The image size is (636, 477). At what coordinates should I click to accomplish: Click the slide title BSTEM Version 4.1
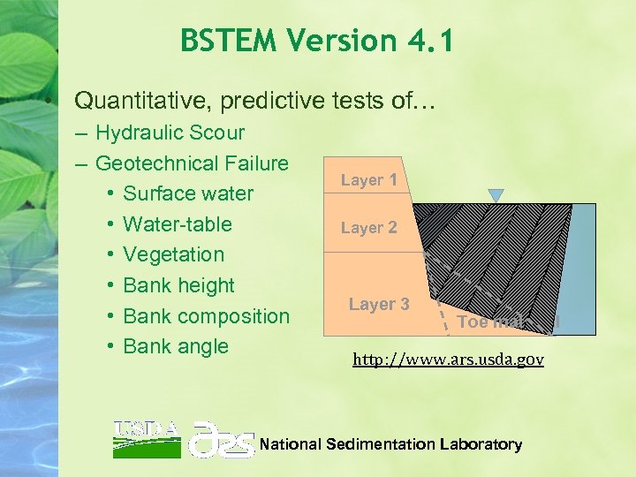pos(315,41)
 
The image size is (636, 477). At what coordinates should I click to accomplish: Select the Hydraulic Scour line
pos(170,132)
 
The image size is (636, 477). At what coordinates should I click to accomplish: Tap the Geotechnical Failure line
pos(192,163)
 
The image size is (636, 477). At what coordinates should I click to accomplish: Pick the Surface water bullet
pos(188,193)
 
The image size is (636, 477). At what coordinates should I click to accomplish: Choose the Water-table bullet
pos(177,223)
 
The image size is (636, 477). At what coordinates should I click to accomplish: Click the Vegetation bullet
pos(173,254)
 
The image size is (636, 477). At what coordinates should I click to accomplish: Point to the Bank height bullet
pos(178,285)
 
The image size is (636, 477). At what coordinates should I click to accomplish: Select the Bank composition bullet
pos(206,315)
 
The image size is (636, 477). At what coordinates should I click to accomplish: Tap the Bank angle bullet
pos(175,346)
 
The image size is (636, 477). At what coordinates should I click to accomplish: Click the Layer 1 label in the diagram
pos(368,180)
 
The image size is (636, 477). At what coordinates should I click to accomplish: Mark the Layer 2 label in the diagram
pos(368,227)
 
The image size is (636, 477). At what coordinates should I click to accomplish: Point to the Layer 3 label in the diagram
pos(378,304)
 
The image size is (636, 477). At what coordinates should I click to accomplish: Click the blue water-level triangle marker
pos(496,194)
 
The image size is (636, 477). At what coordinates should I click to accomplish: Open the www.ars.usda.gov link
pos(448,360)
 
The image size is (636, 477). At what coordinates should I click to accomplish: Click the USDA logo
pos(146,438)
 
